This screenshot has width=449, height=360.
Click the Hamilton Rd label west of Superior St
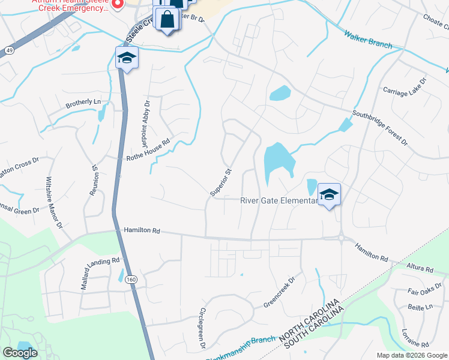142,230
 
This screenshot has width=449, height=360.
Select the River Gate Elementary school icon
329,195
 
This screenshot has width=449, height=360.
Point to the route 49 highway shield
9,50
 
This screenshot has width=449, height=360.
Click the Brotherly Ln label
83,103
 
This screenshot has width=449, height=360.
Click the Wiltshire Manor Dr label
53,203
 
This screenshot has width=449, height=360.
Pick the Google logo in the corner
20,353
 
